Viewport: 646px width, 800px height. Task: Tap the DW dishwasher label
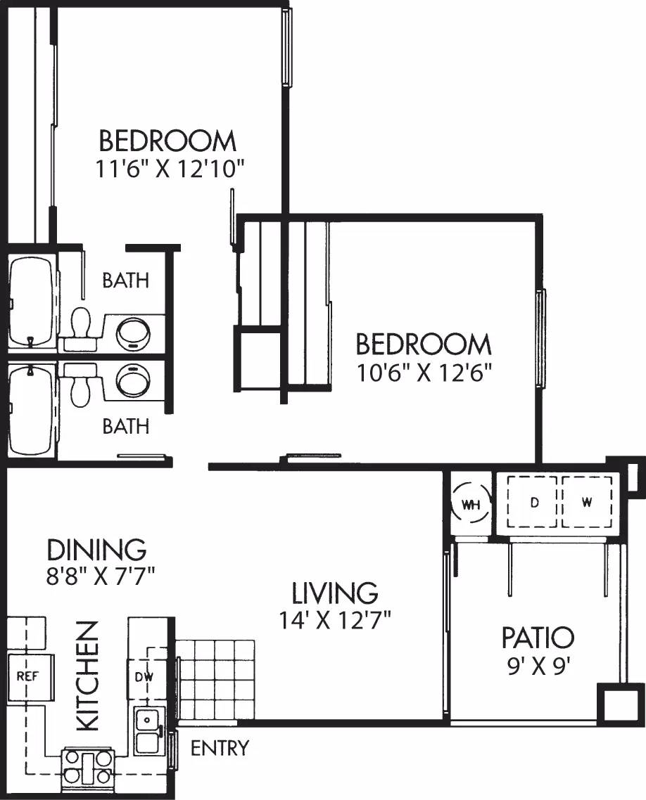(x=144, y=677)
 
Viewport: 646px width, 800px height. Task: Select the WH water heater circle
(x=469, y=504)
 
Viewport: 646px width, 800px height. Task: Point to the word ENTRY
(x=220, y=748)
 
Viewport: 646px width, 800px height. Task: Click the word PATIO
(x=538, y=638)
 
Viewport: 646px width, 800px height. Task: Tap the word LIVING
(x=336, y=593)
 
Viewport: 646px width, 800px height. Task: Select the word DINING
(x=96, y=549)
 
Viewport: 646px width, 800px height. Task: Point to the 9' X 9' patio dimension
(x=538, y=665)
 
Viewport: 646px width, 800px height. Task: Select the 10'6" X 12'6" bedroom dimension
(x=423, y=372)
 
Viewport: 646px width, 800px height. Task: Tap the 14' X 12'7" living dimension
(x=336, y=620)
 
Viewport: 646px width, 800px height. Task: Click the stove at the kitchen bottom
(x=88, y=766)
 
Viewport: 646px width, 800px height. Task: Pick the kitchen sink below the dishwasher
(x=147, y=720)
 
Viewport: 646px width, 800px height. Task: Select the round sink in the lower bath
(x=133, y=380)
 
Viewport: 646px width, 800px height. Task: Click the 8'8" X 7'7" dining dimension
(x=96, y=576)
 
